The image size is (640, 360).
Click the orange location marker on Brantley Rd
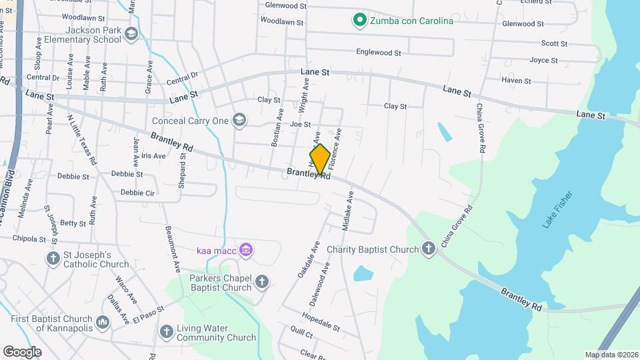coord(320,159)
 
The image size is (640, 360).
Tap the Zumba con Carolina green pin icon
coord(360,21)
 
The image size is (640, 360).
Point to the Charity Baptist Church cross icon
coord(429,250)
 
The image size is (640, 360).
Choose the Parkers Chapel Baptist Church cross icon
coord(262,282)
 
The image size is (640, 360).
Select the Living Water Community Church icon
coord(167,331)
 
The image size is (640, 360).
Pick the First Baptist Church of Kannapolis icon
coord(103,323)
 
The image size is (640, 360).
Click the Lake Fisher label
coord(557,210)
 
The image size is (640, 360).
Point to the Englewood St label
coord(379,52)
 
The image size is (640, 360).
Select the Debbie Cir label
coord(138,193)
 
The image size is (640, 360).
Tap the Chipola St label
coord(28,239)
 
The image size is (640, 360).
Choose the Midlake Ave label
coord(347,212)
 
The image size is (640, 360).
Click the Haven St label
coord(516,81)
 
